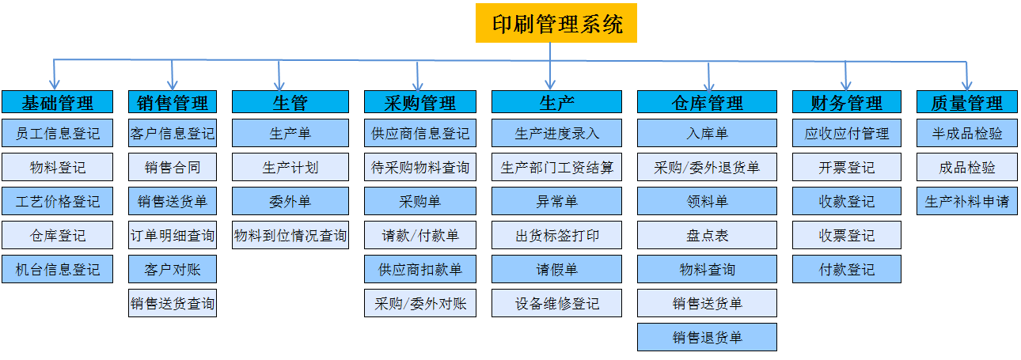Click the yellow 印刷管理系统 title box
click(x=556, y=23)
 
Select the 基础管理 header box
click(x=58, y=101)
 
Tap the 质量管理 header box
click(x=966, y=101)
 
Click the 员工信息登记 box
click(x=58, y=133)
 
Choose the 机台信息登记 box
click(x=58, y=269)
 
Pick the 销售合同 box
click(x=173, y=167)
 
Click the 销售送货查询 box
click(x=173, y=303)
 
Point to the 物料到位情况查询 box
click(x=290, y=235)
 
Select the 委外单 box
click(x=290, y=201)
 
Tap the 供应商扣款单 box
click(x=420, y=269)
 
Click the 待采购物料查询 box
click(x=420, y=167)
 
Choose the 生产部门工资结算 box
click(x=556, y=167)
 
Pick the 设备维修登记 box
click(x=556, y=303)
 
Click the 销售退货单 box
click(x=707, y=337)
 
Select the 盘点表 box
click(x=707, y=235)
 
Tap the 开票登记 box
click(x=846, y=167)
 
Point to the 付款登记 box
click(x=846, y=269)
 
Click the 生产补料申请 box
click(x=966, y=201)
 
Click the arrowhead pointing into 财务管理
click(x=846, y=85)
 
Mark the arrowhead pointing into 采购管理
click(x=418, y=85)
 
